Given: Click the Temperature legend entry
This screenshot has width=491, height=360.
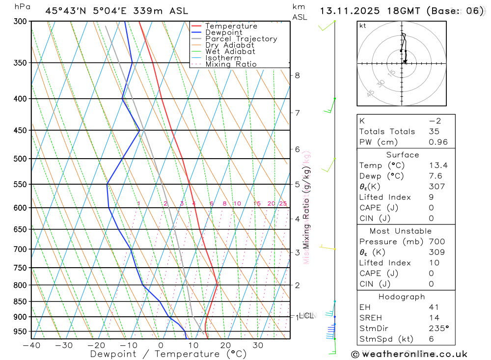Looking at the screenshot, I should point(231,26).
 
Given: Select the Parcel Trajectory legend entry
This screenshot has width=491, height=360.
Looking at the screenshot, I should point(241,39).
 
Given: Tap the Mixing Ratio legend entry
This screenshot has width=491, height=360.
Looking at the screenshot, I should point(231,64).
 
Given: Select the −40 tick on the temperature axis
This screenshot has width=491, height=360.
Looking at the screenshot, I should point(31,345).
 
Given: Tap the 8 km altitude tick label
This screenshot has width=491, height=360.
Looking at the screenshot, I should point(298,75).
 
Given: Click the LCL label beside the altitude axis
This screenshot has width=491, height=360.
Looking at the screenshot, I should point(306,316).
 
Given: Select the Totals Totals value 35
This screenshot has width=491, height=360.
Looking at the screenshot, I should point(434,132).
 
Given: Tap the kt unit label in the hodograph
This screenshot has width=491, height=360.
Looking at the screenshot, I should point(363,26).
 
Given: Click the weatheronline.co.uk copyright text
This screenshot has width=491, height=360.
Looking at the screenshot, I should point(409,354).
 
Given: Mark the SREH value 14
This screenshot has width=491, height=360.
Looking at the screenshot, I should point(434,318).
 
